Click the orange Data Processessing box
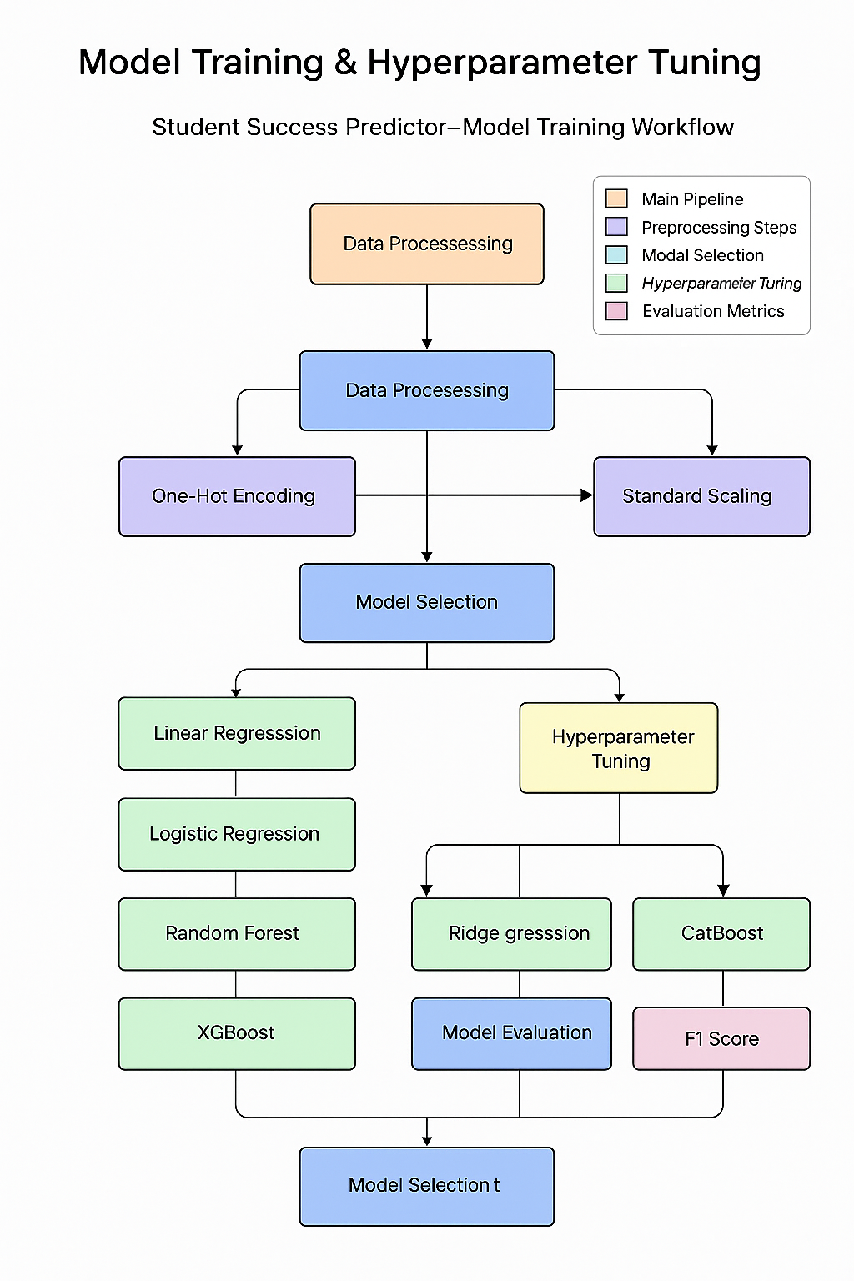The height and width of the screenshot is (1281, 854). [427, 244]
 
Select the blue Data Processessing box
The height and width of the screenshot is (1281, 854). [427, 390]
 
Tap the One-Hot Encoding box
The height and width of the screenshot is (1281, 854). [237, 496]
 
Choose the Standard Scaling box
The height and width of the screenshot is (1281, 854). [701, 496]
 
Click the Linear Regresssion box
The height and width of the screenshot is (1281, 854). [237, 733]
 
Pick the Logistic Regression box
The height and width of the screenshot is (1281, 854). [237, 834]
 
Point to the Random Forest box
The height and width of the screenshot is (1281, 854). [237, 933]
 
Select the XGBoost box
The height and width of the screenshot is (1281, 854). [237, 1033]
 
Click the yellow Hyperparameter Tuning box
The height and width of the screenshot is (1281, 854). [619, 748]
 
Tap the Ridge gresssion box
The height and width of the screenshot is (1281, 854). [511, 933]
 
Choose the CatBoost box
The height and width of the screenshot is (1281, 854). [721, 933]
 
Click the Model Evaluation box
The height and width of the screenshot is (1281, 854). [511, 1033]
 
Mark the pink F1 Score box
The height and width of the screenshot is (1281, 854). [721, 1038]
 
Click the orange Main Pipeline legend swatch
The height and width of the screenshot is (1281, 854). [616, 198]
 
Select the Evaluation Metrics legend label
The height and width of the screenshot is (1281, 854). [713, 311]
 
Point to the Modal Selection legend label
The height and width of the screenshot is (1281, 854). [702, 255]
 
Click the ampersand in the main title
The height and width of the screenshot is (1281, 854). [345, 63]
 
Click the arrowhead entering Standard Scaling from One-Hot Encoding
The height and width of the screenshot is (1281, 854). [587, 495]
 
